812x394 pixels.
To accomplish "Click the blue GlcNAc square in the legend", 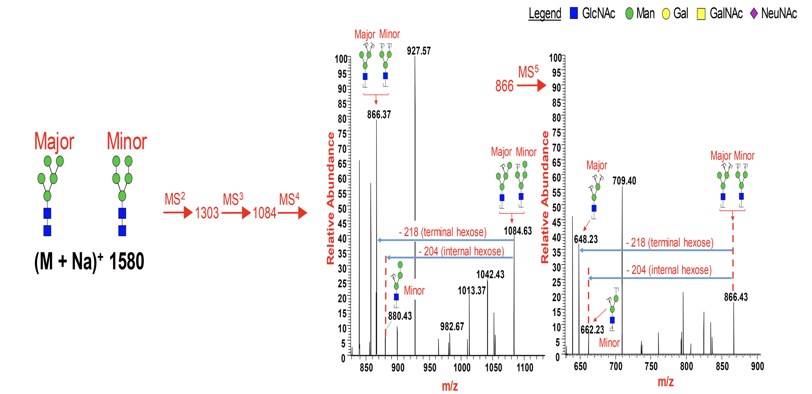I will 574,13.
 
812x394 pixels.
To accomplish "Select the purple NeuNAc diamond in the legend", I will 754,13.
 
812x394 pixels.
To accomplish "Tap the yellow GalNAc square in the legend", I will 701,14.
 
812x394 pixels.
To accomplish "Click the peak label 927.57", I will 419,51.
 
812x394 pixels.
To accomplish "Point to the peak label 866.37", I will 379,114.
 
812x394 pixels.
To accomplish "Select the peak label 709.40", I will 624,181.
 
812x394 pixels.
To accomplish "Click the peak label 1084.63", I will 518,231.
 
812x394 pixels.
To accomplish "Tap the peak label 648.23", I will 586,239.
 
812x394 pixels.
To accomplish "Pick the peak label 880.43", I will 400,316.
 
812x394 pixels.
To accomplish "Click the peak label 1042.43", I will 490,274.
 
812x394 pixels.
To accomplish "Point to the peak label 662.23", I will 592,330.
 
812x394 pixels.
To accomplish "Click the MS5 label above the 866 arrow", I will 528,72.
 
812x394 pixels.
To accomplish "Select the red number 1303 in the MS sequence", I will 207,213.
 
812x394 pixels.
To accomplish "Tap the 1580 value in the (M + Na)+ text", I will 126,262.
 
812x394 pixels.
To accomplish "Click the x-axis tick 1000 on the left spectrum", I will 461,368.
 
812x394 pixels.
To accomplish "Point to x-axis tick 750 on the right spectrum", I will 651,366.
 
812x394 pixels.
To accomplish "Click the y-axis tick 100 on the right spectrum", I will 555,58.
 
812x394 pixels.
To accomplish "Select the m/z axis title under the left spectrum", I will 450,386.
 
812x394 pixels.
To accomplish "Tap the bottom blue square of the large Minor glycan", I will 122,231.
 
